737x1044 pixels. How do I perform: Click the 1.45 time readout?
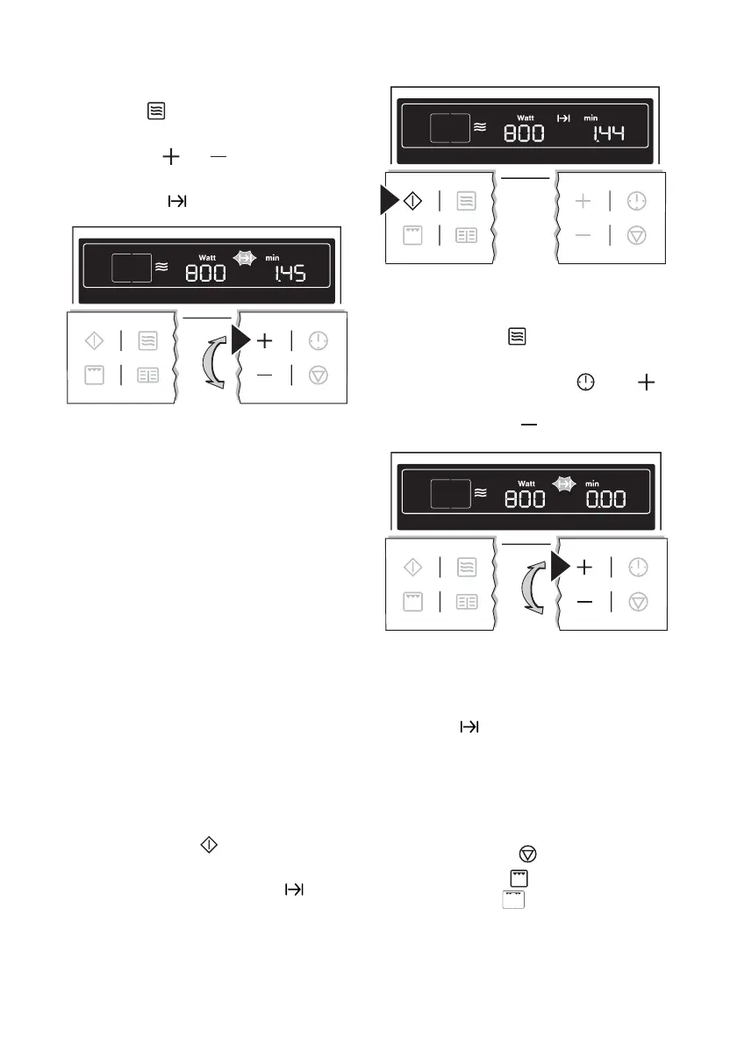(x=287, y=274)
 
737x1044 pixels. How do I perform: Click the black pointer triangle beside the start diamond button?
(x=389, y=201)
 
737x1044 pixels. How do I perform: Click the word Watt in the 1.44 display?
(x=526, y=118)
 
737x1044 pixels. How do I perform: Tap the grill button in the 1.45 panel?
(x=93, y=375)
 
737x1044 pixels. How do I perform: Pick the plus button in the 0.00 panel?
(x=584, y=568)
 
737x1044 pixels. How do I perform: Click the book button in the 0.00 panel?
(x=467, y=603)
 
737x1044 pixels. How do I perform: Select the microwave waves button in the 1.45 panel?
(x=147, y=340)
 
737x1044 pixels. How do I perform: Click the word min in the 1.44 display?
(x=590, y=118)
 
